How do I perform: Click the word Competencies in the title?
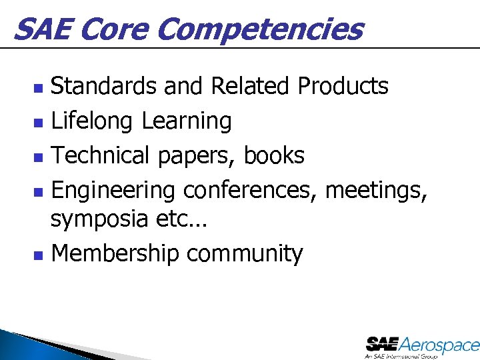point(261,29)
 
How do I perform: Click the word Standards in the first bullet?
point(103,86)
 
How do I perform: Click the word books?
point(274,155)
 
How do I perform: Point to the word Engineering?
point(113,191)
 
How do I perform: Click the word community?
point(245,254)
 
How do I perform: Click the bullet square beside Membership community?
point(39,255)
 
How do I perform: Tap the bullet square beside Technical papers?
point(39,157)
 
